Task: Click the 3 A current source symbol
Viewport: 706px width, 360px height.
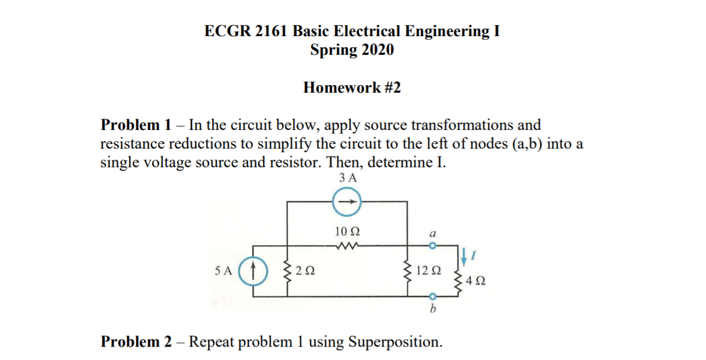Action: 347,203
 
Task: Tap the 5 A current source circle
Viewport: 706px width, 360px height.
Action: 253,271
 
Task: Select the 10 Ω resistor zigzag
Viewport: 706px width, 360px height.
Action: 347,245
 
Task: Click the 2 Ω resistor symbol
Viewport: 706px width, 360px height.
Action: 287,271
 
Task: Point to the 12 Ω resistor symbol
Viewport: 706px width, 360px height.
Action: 408,271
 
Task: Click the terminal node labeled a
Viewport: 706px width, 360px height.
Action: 432,246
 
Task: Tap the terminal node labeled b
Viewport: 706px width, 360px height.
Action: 432,296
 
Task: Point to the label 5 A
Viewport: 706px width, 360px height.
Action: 223,271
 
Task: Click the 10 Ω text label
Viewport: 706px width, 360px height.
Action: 347,231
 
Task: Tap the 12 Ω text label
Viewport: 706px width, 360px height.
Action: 429,271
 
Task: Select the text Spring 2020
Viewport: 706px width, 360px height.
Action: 352,50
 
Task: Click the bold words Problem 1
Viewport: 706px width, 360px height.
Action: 136,125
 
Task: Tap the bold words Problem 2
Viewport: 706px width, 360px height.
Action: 136,341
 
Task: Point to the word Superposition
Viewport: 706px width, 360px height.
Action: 394,342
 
